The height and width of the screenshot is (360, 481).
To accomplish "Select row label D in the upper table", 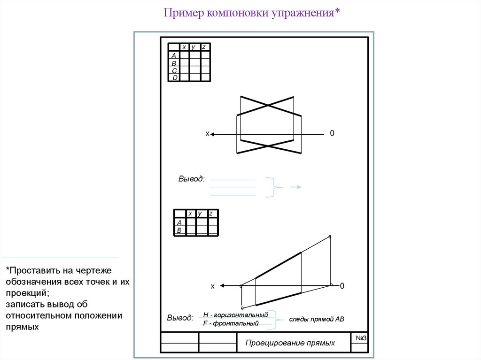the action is coord(174,78).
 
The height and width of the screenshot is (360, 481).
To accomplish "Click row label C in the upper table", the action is coord(174,70).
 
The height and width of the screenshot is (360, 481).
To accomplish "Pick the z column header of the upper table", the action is coord(205,47).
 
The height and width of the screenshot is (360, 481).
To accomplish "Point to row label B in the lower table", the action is coord(179,230).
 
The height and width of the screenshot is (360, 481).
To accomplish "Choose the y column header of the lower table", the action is coord(200,214).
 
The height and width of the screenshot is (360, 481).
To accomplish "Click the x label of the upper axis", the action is coord(207,134).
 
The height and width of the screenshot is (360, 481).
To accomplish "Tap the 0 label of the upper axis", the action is coord(332,134).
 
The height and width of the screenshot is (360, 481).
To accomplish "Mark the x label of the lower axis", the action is coord(212,286).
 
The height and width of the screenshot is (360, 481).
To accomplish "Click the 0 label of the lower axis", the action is coord(342,286).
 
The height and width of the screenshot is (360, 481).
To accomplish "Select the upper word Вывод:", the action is coord(191,179).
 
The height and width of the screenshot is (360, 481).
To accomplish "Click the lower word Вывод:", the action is coord(180,318).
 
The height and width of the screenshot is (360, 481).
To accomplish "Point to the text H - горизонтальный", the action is coord(235,314).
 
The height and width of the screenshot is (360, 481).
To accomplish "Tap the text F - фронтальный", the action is coord(231,324).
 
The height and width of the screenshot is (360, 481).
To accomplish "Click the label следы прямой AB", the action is coord(317,319).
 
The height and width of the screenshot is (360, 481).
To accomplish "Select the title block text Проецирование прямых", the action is coord(290,343).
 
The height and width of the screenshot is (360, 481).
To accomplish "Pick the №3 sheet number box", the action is coord(361,339).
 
